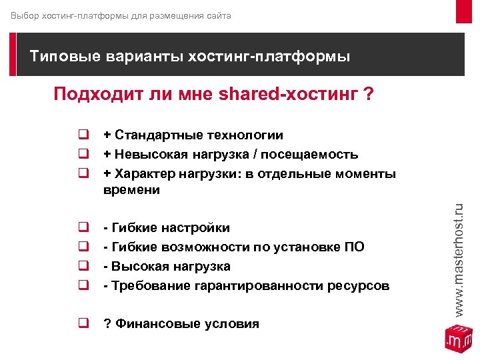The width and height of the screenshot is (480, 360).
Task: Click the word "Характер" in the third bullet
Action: tap(144, 174)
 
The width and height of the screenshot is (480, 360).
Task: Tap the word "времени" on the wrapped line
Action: tap(132, 191)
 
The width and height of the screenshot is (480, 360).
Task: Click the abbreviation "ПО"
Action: tap(354, 247)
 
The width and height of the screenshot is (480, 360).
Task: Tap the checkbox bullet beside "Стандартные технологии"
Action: tap(84, 136)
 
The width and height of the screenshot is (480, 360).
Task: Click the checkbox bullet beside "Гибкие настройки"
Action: tap(84, 228)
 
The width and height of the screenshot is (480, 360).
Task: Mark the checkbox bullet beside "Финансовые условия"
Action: tap(84, 324)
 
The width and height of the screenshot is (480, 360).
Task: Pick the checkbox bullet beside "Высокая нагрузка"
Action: tap(84, 267)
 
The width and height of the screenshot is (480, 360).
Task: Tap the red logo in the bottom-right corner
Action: tap(458, 337)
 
